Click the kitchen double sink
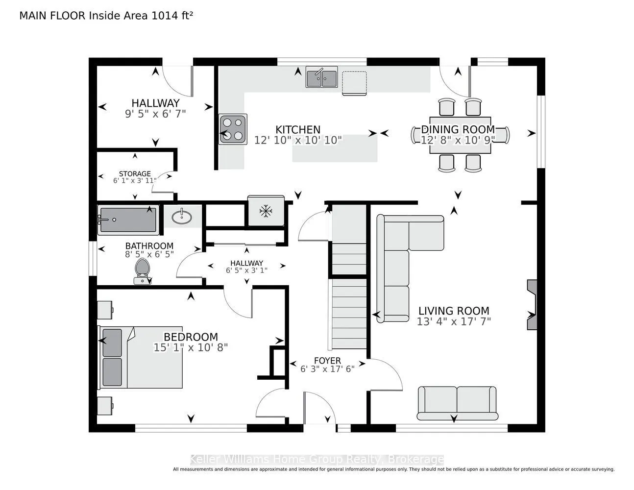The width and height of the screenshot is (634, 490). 321,77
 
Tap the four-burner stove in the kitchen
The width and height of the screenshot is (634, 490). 233,129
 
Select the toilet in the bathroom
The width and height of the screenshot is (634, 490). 142,271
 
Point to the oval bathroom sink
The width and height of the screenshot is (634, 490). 182,217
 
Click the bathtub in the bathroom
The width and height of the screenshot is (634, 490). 128,220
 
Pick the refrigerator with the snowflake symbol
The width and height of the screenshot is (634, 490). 266,210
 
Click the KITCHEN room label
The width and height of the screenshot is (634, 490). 298,129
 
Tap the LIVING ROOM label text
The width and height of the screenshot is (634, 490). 454,311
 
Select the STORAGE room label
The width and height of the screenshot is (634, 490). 135,173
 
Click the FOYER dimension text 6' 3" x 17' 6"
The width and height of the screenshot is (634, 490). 327,369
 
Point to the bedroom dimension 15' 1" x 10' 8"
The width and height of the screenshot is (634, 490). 191,347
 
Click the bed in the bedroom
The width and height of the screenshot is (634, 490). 141,357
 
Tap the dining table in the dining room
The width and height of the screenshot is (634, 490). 460,135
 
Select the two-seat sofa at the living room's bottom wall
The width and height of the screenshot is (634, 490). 457,403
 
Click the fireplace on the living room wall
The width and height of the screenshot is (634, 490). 532,305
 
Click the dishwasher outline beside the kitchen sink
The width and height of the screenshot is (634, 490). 355,83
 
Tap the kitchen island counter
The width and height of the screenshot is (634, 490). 335,148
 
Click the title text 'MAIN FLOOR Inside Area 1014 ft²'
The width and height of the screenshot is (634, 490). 106,16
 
